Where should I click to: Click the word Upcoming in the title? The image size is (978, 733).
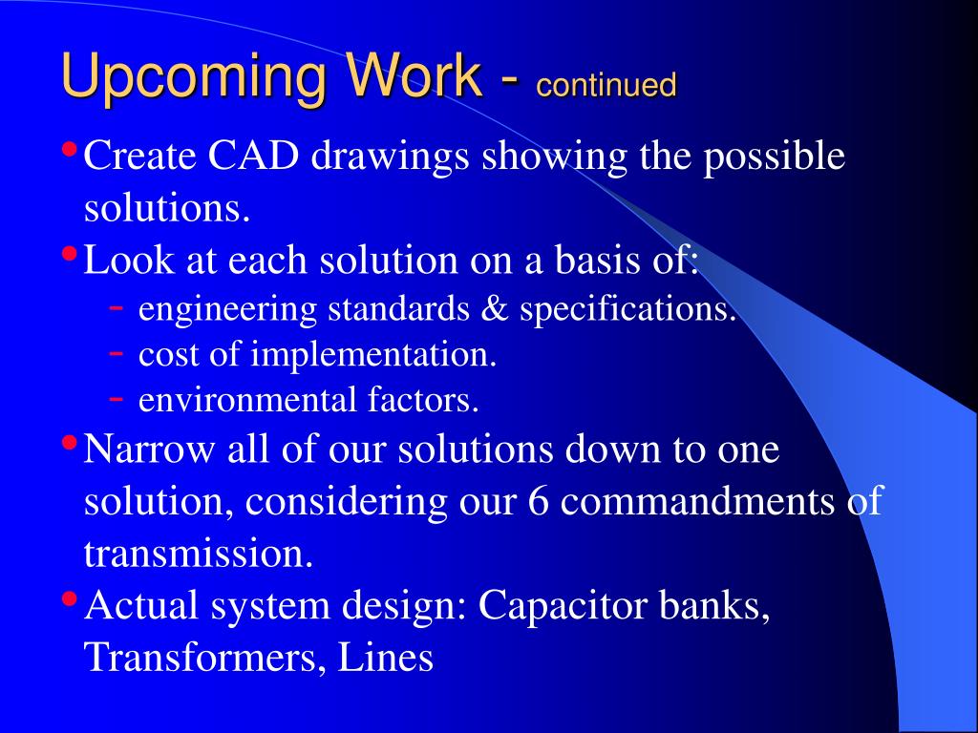[x=194, y=76]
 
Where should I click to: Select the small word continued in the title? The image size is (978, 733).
[x=606, y=84]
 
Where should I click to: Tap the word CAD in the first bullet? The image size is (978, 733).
[x=253, y=156]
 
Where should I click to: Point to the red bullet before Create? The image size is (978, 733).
[x=70, y=150]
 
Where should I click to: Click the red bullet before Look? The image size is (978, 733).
[x=70, y=254]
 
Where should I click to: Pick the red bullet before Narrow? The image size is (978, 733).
[x=70, y=443]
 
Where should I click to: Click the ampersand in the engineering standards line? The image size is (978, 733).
[x=495, y=308]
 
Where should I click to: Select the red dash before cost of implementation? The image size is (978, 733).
[x=116, y=353]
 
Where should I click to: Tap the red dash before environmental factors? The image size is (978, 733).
[x=116, y=398]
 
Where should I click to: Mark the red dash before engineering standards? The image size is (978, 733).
[x=116, y=306]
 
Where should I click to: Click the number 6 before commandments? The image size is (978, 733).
[x=539, y=500]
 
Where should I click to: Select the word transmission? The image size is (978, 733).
[x=199, y=553]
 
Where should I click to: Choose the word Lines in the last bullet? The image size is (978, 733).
[x=386, y=657]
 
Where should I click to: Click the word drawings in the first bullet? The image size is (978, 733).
[x=390, y=157]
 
